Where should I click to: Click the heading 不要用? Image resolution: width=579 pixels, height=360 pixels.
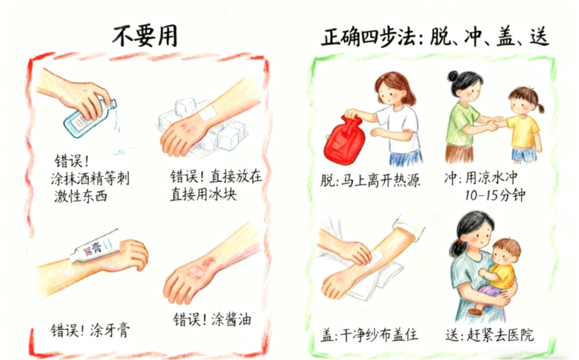[145, 36]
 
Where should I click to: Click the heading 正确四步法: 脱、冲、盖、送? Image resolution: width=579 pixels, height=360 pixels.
[435, 37]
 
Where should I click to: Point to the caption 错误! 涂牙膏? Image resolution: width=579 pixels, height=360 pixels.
[91, 330]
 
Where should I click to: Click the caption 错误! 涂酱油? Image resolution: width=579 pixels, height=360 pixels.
[212, 319]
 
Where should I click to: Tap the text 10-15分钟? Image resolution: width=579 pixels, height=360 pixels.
[495, 195]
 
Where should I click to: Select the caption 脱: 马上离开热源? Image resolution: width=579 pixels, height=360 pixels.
[370, 180]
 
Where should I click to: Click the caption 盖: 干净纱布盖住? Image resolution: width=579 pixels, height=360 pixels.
[369, 335]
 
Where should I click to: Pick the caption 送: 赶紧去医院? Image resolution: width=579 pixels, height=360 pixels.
[489, 335]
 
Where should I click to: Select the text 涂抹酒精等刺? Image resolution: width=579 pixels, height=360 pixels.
[90, 179]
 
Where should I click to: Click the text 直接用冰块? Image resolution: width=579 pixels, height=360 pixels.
[203, 194]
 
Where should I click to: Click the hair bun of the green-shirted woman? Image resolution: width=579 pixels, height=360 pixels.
[452, 77]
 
